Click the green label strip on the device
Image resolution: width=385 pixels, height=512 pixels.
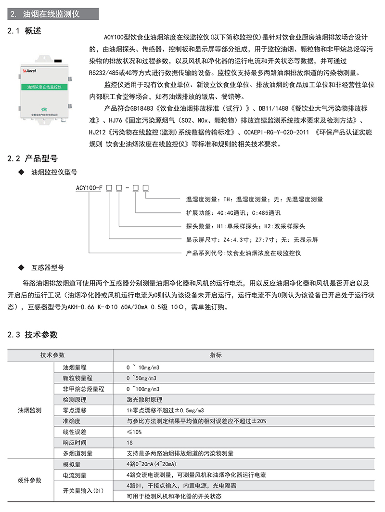pyautogui.click(x=46, y=87)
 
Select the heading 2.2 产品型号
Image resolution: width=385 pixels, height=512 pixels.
pyautogui.click(x=33, y=158)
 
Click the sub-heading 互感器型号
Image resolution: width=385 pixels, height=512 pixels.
pyautogui.click(x=48, y=266)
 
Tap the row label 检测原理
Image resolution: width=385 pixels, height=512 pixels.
pyautogui.click(x=75, y=400)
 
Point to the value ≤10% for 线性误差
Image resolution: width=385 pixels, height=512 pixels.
pyautogui.click(x=134, y=432)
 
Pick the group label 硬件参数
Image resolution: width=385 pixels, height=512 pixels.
pyautogui.click(x=29, y=480)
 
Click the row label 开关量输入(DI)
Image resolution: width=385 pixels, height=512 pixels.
pyautogui.click(x=83, y=491)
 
